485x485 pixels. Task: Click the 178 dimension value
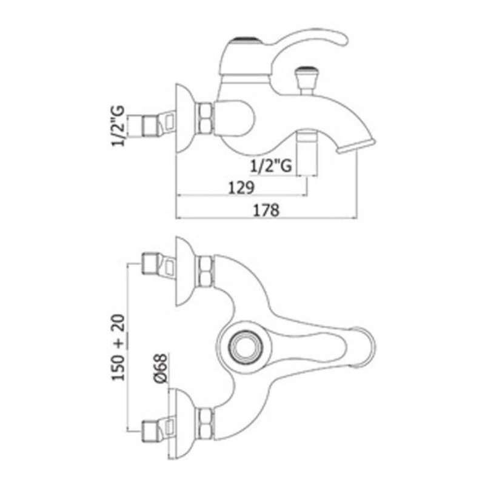(266, 210)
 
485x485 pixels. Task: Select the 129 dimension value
(241, 187)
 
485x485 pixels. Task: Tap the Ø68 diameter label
(161, 368)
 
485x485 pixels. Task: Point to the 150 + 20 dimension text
(118, 347)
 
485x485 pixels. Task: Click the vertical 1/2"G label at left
(118, 125)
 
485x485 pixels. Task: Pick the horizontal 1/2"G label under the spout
(270, 166)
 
